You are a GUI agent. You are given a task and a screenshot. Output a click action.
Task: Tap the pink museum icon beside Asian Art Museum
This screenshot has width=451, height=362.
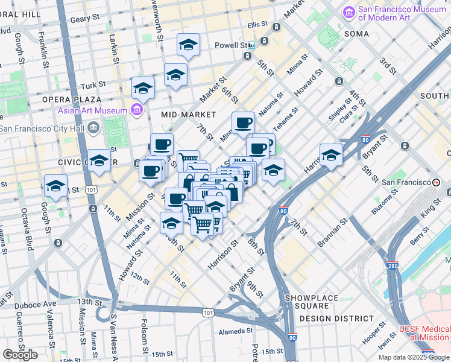(137, 110)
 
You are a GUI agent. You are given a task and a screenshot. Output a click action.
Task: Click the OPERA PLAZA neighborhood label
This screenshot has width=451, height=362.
(67, 99)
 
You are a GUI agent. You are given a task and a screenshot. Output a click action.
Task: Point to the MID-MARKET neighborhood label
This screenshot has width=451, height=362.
(189, 114)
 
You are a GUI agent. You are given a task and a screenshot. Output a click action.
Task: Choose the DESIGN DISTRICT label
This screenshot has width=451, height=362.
(336, 318)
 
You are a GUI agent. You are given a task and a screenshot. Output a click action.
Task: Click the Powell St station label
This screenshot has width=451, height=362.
(232, 45)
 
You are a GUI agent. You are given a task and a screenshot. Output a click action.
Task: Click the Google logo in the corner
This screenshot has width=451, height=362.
(20, 355)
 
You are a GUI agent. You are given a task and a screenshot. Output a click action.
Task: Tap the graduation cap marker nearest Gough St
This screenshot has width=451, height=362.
(55, 186)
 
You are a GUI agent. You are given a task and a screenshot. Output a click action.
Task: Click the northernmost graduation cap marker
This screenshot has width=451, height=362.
(188, 45)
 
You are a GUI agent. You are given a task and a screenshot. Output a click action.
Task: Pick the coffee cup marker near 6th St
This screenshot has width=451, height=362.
(244, 122)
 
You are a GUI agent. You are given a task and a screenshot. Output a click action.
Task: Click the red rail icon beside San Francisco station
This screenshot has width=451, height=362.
(436, 182)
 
